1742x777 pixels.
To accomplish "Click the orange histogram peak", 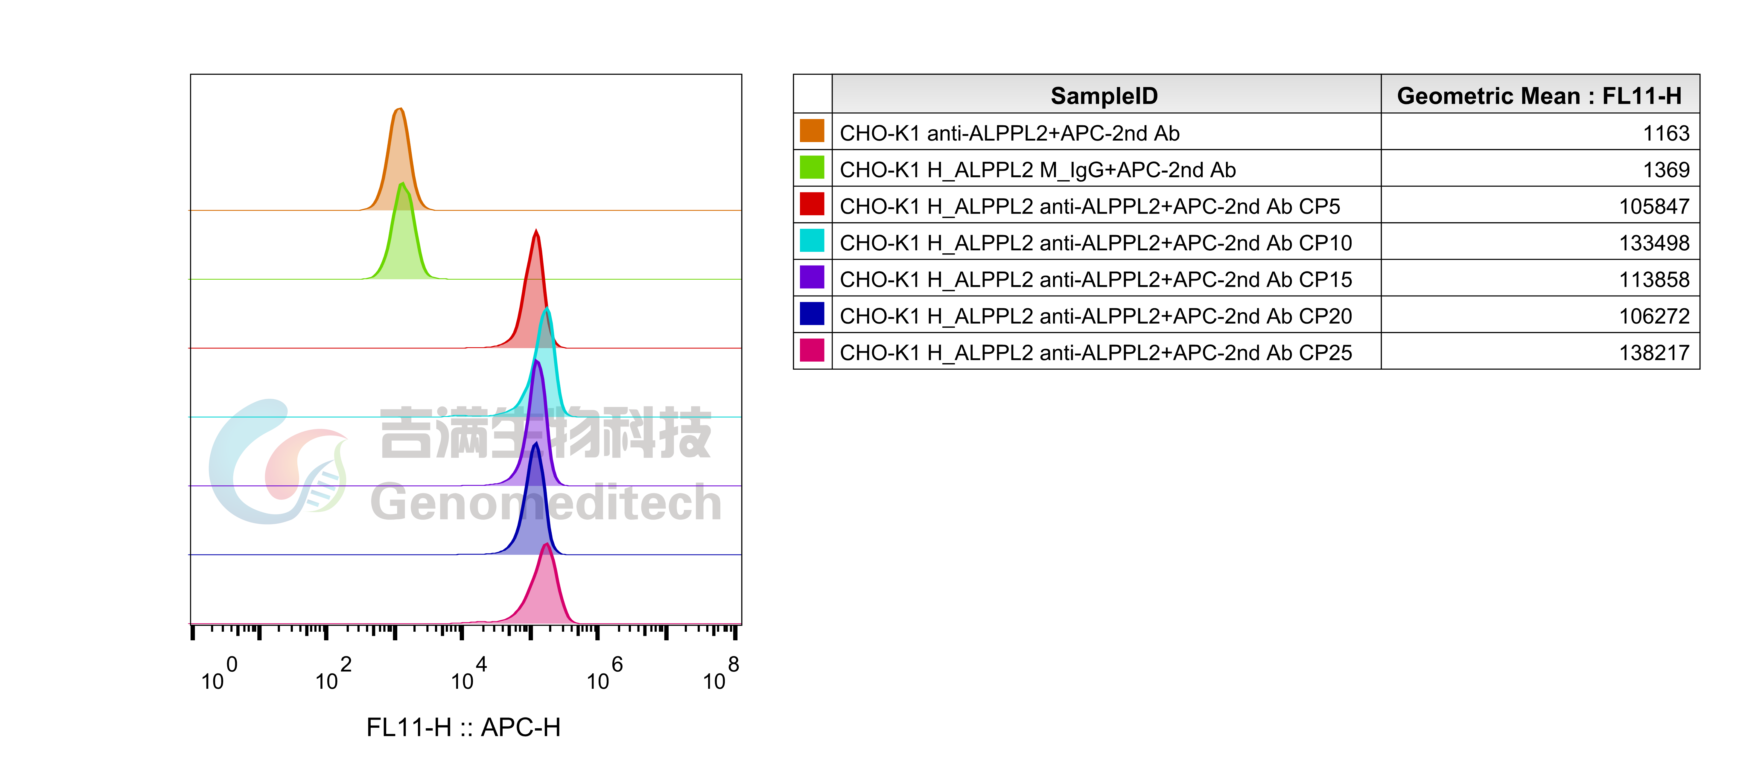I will [x=400, y=162].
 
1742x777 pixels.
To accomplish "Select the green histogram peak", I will [x=403, y=237].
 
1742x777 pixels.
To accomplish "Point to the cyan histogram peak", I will [x=546, y=365].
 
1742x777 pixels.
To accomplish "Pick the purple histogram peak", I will [x=537, y=426].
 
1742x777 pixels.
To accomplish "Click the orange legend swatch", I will [x=812, y=130].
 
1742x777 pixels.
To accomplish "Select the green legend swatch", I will [x=812, y=167].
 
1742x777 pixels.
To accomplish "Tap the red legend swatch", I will [x=812, y=204].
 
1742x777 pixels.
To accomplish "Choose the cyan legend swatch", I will [x=812, y=240].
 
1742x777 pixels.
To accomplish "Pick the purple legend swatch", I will [x=812, y=277].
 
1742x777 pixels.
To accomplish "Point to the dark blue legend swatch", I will [x=812, y=313].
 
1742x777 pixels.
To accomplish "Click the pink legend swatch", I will [x=812, y=350].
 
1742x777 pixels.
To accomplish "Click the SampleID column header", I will [x=1104, y=95].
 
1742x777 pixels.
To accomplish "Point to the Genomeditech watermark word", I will [x=546, y=502].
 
